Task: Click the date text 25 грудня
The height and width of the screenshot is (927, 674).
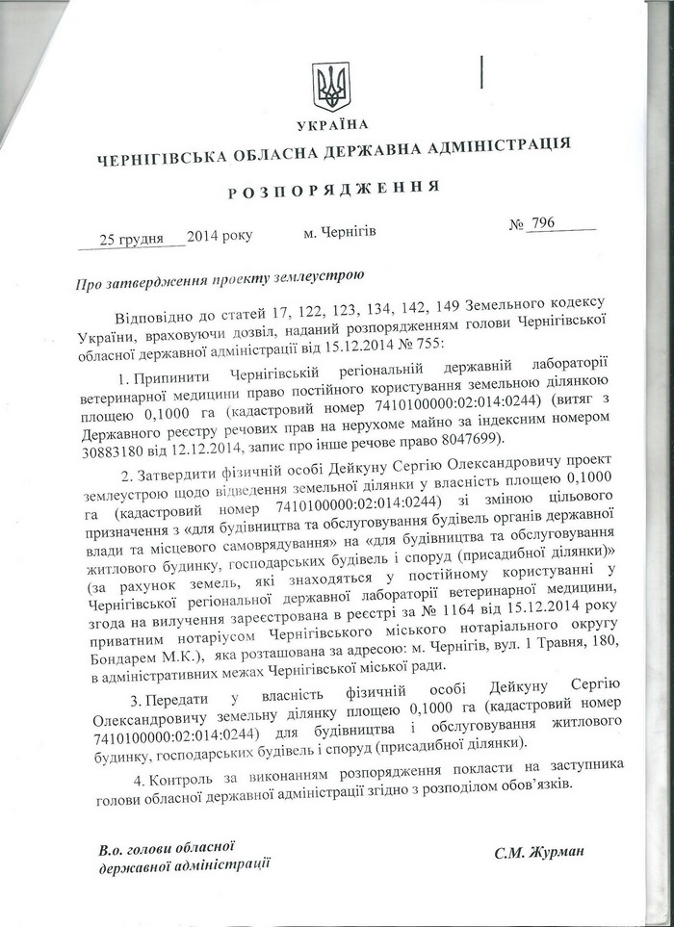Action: (131, 238)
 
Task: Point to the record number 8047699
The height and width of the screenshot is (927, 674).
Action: (472, 440)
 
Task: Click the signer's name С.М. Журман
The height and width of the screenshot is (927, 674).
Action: (538, 852)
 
